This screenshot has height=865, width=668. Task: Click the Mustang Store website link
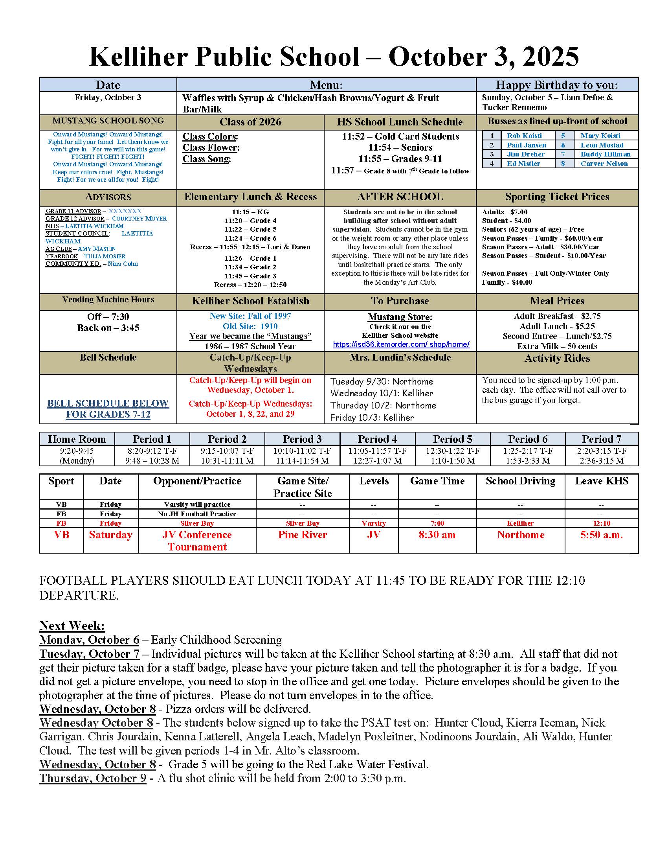pyautogui.click(x=401, y=344)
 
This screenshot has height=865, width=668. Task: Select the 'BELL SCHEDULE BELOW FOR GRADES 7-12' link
pyautogui.click(x=108, y=409)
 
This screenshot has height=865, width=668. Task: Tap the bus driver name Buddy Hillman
pyautogui.click(x=605, y=154)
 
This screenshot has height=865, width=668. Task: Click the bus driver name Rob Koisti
pyautogui.click(x=524, y=136)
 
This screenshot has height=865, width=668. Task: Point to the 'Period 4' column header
pyautogui.click(x=377, y=439)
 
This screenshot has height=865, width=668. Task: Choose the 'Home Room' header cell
pyautogui.click(x=77, y=439)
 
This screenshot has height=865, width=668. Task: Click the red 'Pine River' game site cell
pyautogui.click(x=302, y=535)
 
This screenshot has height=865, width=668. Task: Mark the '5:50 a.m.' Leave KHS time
pyautogui.click(x=601, y=535)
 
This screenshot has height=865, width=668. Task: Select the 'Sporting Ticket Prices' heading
pyautogui.click(x=557, y=197)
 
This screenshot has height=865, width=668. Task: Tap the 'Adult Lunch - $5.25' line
pyautogui.click(x=557, y=326)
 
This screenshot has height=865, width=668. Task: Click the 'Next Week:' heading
pyautogui.click(x=72, y=626)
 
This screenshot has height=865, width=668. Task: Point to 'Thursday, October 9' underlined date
pyautogui.click(x=93, y=778)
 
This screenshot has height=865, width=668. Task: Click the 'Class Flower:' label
pyautogui.click(x=211, y=148)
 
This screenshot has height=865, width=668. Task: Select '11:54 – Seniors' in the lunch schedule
pyautogui.click(x=400, y=148)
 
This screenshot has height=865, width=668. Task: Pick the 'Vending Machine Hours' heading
pyautogui.click(x=108, y=300)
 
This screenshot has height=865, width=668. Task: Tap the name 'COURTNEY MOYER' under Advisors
pyautogui.click(x=139, y=219)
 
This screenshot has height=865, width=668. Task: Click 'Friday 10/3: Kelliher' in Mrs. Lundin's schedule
pyautogui.click(x=372, y=418)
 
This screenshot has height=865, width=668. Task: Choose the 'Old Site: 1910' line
pyautogui.click(x=250, y=326)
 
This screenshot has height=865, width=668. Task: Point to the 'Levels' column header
pyautogui.click(x=374, y=481)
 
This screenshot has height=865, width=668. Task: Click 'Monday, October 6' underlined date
pyautogui.click(x=90, y=640)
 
